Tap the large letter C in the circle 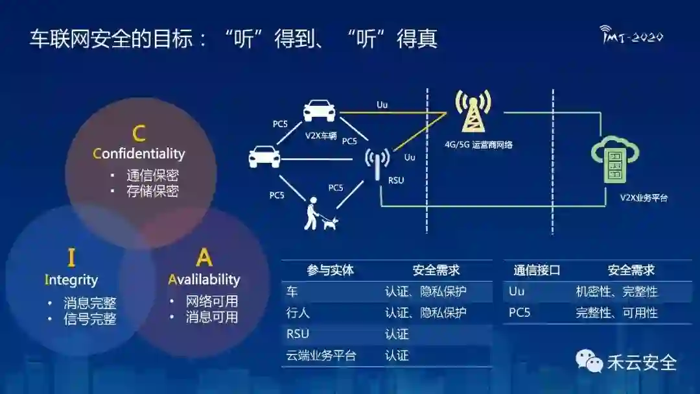[139, 134]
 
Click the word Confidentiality [139, 154]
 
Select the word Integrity [71, 280]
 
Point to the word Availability [204, 280]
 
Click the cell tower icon [472, 111]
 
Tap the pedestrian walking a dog [320, 214]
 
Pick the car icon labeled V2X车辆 [320, 110]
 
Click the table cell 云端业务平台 [321, 356]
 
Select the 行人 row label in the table [298, 313]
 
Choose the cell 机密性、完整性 [616, 291]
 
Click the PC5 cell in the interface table [520, 313]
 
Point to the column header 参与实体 [331, 271]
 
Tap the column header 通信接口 [537, 271]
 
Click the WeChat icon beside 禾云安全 [589, 361]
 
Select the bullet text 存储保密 [152, 191]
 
